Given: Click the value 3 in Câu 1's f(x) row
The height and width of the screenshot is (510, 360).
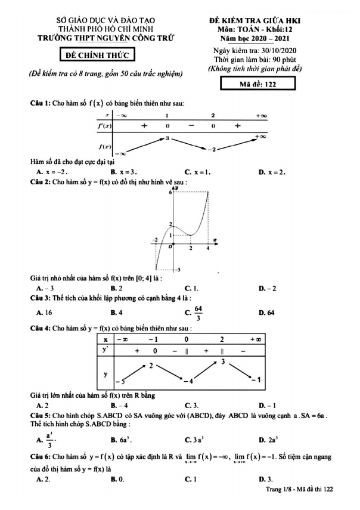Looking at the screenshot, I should [x=168, y=138].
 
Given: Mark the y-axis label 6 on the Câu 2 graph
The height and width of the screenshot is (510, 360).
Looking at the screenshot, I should [x=170, y=192].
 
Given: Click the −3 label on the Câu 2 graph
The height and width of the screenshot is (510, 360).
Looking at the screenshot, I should [x=176, y=270].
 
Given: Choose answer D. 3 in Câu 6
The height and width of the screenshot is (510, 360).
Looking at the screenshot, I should [x=266, y=479].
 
